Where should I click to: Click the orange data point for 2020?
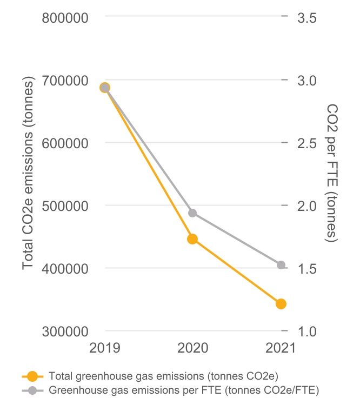(192, 239)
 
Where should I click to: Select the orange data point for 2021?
(281, 304)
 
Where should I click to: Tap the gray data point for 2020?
(192, 213)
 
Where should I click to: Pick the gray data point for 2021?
(281, 265)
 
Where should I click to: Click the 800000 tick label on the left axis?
(65, 18)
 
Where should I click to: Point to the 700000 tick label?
(65, 81)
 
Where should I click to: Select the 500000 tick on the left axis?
(65, 206)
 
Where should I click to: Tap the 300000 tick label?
(65, 332)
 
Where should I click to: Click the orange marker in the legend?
(32, 376)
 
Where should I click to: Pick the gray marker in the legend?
(32, 390)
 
